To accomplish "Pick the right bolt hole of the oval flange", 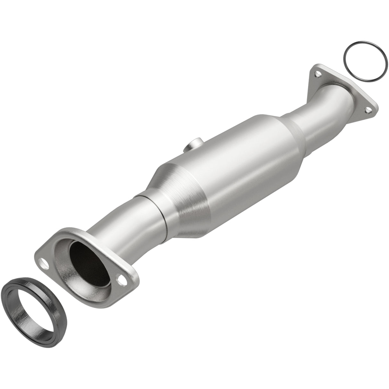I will [x=121, y=282].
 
